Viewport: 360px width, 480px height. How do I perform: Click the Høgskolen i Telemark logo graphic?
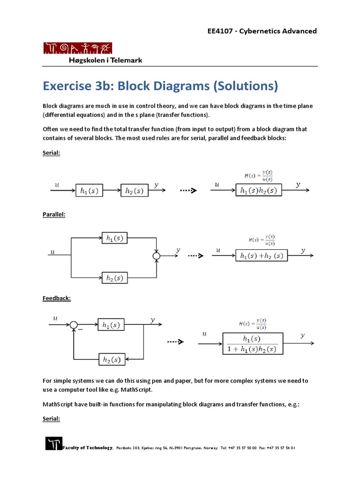click(x=78, y=48)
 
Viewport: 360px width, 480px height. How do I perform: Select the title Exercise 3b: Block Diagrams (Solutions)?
click(x=160, y=86)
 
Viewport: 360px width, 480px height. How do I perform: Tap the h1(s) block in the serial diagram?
click(x=89, y=191)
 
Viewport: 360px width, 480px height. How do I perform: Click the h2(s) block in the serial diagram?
click(x=134, y=191)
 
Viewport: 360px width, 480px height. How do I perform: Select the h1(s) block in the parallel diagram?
click(x=114, y=238)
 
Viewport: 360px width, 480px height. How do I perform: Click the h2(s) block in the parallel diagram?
click(x=114, y=278)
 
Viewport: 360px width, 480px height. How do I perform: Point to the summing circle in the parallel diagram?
click(x=157, y=256)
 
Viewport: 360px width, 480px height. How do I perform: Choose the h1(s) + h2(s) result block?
click(x=261, y=256)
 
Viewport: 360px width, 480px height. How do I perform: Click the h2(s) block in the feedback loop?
click(x=112, y=360)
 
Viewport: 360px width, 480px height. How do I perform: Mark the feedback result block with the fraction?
click(x=252, y=344)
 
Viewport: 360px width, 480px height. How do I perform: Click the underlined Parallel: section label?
click(x=54, y=214)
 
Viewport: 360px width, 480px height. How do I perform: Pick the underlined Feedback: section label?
click(x=56, y=298)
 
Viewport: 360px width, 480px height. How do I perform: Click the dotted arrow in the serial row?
click(x=187, y=191)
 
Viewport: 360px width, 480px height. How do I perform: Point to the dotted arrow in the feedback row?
click(x=175, y=342)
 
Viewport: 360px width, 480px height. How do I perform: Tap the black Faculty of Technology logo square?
click(x=53, y=443)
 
